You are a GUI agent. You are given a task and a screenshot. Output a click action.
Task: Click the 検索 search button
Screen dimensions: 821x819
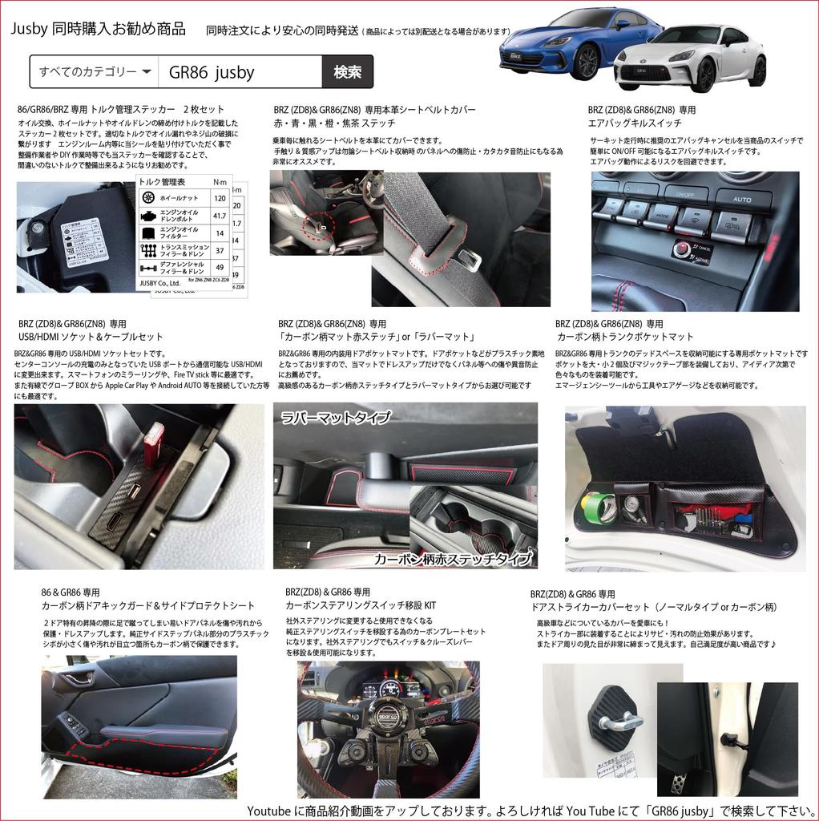pos(347,72)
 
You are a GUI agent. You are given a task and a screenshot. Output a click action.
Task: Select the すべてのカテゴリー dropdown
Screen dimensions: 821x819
pos(95,72)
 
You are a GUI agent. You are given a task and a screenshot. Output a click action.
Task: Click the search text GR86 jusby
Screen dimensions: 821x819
pos(212,73)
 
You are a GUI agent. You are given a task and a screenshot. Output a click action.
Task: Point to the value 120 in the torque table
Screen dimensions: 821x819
pos(219,196)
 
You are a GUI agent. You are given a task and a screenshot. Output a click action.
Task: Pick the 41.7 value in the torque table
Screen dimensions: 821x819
pos(219,216)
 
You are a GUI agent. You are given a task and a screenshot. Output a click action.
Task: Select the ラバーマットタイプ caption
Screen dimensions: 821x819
pos(335,418)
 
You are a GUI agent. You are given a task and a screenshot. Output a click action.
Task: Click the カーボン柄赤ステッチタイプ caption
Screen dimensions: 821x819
pos(454,559)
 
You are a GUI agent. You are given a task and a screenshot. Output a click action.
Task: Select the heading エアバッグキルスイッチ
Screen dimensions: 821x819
pos(635,123)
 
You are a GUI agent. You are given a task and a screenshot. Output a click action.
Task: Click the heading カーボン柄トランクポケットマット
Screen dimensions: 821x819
pos(625,337)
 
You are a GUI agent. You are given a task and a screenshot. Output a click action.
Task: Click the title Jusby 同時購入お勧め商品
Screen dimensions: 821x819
pos(99,30)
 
